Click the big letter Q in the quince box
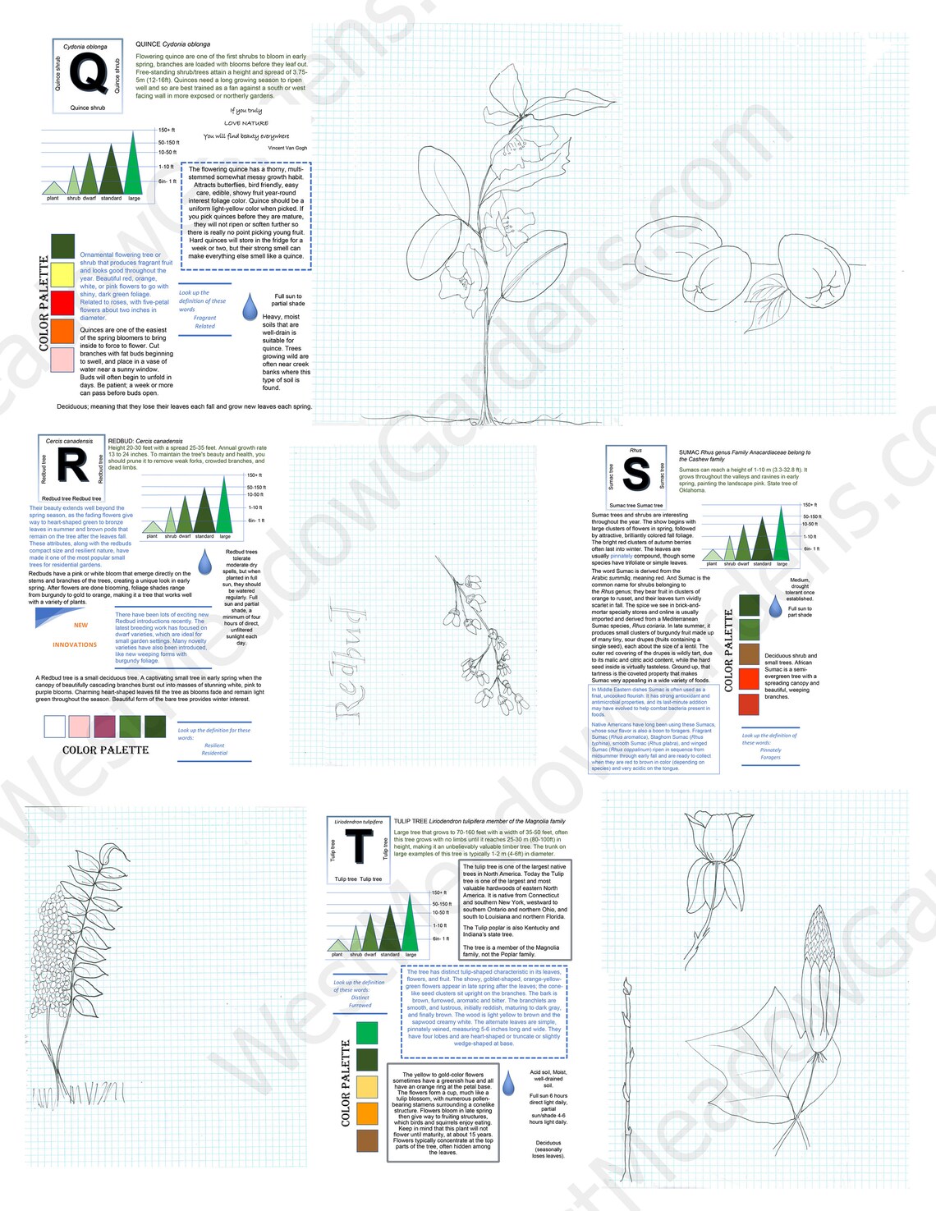click(x=88, y=74)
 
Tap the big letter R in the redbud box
click(x=71, y=466)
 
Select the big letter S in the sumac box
click(x=636, y=474)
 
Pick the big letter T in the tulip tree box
click(x=359, y=846)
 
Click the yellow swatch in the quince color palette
click(x=62, y=274)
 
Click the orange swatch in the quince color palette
click(x=62, y=331)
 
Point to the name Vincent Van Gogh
click(x=287, y=149)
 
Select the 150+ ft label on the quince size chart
click(x=166, y=130)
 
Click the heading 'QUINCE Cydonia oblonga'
click(x=172, y=44)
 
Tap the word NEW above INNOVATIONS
click(x=80, y=626)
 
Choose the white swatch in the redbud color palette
click(x=54, y=726)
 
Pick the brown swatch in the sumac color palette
click(x=749, y=654)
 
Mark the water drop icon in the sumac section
click(x=775, y=607)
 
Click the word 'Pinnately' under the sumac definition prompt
click(x=770, y=750)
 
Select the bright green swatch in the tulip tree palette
click(x=367, y=1032)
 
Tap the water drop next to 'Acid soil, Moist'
click(x=508, y=1083)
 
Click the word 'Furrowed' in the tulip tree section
click(x=360, y=1005)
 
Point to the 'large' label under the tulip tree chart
click(x=411, y=955)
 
